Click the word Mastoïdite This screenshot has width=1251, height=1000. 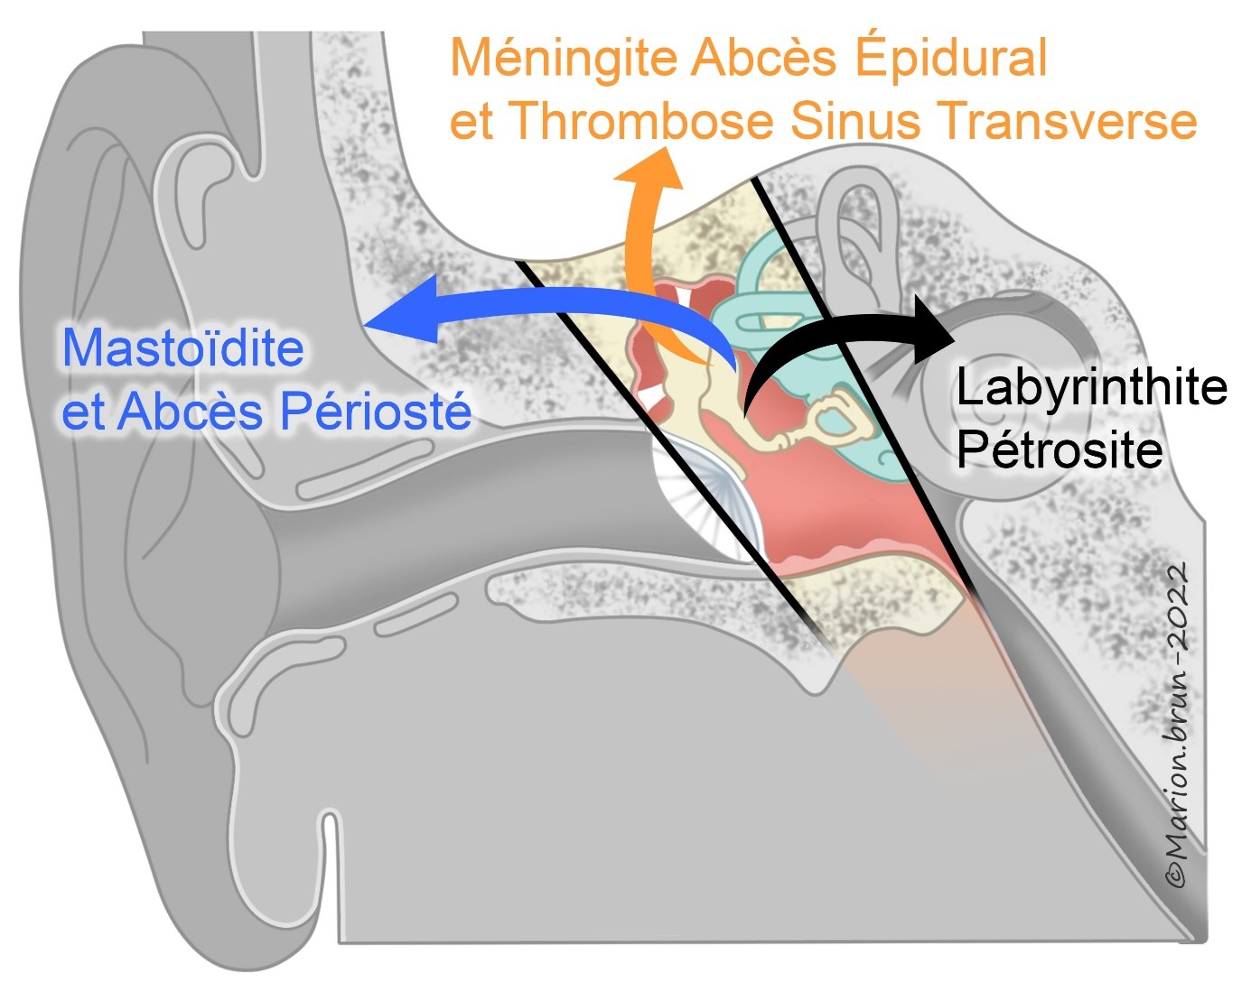[x=182, y=348]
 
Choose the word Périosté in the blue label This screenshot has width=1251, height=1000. [x=375, y=412]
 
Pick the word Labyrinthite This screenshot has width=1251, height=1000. [x=1091, y=388]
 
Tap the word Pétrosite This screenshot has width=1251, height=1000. [x=1059, y=449]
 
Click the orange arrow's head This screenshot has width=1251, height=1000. [x=648, y=171]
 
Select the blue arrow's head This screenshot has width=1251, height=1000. [x=397, y=311]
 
